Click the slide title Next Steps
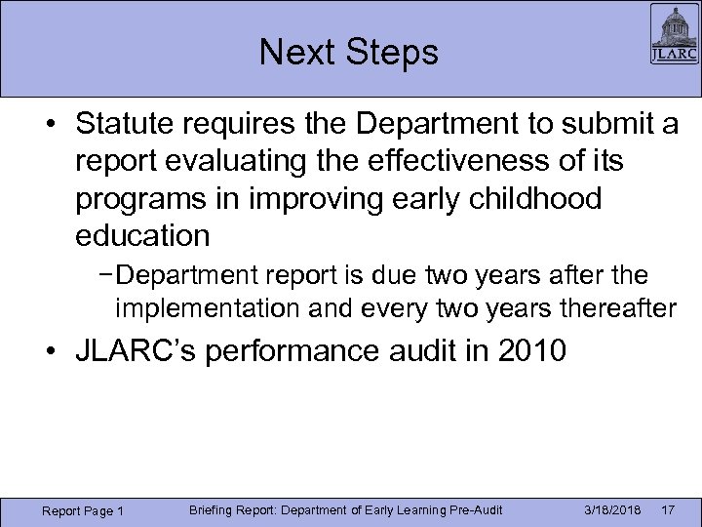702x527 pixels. (x=349, y=53)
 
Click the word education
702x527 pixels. (x=140, y=236)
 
